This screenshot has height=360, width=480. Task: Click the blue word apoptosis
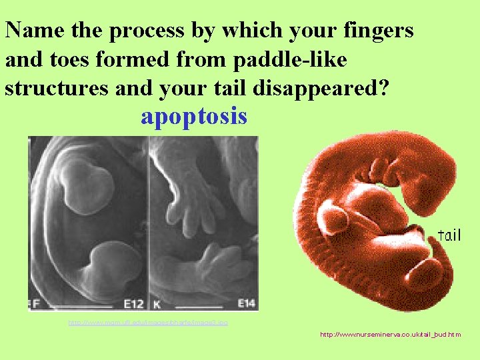tap(194, 117)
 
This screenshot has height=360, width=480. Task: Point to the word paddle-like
tap(290, 60)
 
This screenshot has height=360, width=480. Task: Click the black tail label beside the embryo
tap(449, 235)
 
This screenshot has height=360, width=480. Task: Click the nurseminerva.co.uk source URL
tap(390, 335)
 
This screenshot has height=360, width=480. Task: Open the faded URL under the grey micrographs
tap(148, 323)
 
